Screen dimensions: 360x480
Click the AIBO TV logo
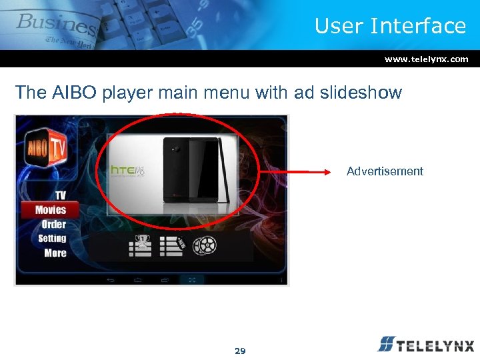pos(46,151)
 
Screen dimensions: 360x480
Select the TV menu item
pos(60,195)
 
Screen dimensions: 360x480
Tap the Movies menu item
pos(51,210)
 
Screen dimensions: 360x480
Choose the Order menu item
pos(53,225)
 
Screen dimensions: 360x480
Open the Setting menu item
pos(52,239)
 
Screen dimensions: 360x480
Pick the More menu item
pos(55,253)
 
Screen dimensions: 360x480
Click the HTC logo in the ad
pos(127,172)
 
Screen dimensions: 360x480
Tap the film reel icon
pos(205,246)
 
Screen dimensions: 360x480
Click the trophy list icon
pos(140,246)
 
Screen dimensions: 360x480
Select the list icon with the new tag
pos(172,246)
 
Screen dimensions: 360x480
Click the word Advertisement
pos(385,171)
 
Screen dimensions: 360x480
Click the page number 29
pos(240,351)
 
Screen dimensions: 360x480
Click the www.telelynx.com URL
pos(426,59)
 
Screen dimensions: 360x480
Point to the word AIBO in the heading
pos(69,93)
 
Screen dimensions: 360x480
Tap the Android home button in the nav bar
pos(138,280)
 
